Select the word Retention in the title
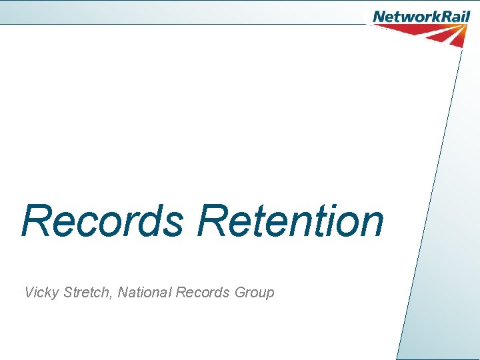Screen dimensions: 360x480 tap(290, 221)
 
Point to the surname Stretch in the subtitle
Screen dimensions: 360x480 tap(87, 292)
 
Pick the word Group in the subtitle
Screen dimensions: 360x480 tap(255, 292)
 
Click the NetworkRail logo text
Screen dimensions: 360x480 tap(421, 16)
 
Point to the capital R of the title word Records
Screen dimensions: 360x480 tap(36, 221)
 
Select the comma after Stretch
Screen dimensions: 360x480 tap(111, 297)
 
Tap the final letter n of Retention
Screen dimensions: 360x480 tap(371, 225)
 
